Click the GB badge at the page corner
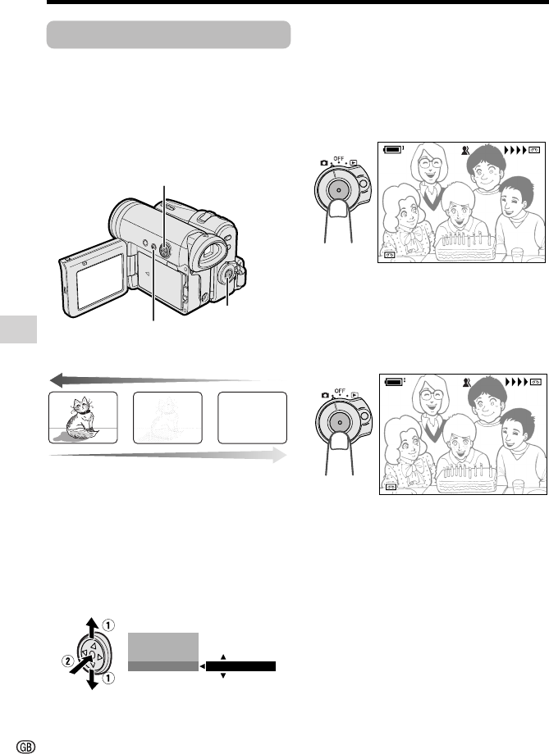pyautogui.click(x=26, y=746)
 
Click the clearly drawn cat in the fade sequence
pyautogui.click(x=80, y=418)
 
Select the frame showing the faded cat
pyautogui.click(x=167, y=417)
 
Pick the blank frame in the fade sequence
pyautogui.click(x=253, y=417)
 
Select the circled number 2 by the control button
pyautogui.click(x=68, y=661)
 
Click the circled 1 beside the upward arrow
pyautogui.click(x=109, y=625)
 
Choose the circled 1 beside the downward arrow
pyautogui.click(x=109, y=678)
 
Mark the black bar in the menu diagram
pyautogui.click(x=240, y=666)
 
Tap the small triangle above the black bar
pyautogui.click(x=223, y=656)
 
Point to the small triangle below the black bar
pyautogui.click(x=223, y=675)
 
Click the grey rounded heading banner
pyautogui.click(x=168, y=34)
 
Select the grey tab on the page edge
pyautogui.click(x=18, y=329)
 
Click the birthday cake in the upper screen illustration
pyautogui.click(x=465, y=245)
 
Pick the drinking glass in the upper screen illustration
pyautogui.click(x=517, y=254)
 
